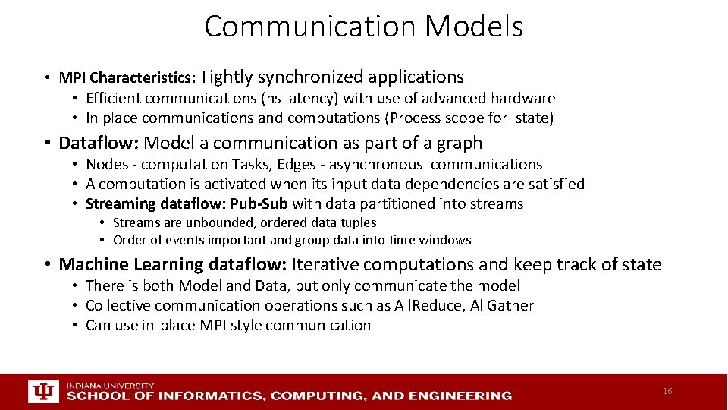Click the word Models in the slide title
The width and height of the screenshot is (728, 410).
[x=474, y=27]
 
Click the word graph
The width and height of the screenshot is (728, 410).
[x=459, y=143]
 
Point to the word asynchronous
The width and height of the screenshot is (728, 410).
[x=375, y=164]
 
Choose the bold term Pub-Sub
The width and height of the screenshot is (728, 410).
[x=259, y=203]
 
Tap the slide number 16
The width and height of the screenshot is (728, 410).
[x=667, y=391]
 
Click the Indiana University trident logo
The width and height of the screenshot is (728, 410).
[x=43, y=392]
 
